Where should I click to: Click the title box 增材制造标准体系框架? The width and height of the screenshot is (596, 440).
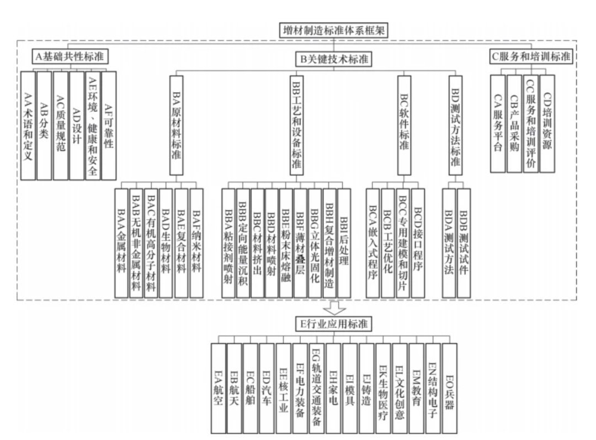click(333, 30)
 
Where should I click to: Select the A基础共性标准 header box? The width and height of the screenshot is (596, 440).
click(69, 56)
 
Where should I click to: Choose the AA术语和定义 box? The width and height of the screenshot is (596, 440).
click(28, 125)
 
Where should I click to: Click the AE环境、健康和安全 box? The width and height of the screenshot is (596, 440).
click(93, 125)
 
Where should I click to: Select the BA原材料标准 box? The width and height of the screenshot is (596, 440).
click(176, 125)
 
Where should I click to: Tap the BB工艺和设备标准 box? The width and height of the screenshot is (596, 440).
click(296, 125)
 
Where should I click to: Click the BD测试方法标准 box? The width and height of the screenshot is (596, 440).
click(455, 125)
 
